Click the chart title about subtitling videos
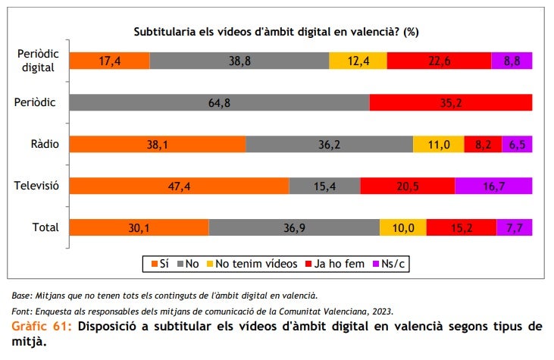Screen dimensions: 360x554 pyautogui.click(x=277, y=32)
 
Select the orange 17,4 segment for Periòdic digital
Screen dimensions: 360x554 pyautogui.click(x=109, y=61)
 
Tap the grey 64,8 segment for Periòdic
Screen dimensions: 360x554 pyautogui.click(x=219, y=103)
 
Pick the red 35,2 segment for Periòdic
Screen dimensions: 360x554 pyautogui.click(x=450, y=103)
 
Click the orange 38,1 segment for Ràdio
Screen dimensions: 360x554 pyautogui.click(x=158, y=144)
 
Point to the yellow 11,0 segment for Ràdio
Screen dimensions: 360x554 pyautogui.click(x=438, y=144)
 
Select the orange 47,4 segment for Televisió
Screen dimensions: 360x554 pyautogui.click(x=179, y=186)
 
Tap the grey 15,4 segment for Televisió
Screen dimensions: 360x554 pyautogui.click(x=324, y=186)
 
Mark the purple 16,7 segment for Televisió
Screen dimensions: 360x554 pyautogui.click(x=493, y=186)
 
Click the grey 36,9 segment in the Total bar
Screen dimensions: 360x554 pyautogui.click(x=294, y=227)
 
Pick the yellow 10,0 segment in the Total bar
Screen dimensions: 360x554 pyautogui.click(x=402, y=227)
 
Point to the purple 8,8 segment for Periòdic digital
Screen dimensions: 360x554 pyautogui.click(x=512, y=61)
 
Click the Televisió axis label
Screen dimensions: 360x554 pyautogui.click(x=36, y=185)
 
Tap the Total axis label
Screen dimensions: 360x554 pyautogui.click(x=45, y=227)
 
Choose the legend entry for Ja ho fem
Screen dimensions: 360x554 pyautogui.click(x=337, y=264)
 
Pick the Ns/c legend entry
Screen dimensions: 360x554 pyautogui.click(x=393, y=264)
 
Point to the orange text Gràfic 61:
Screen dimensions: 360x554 pyautogui.click(x=42, y=327)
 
